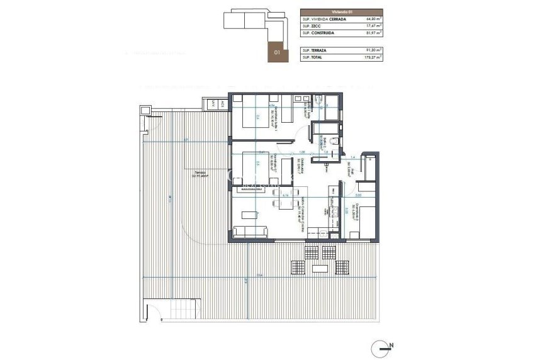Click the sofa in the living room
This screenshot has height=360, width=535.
251,232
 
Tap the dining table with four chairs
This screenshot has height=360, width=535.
284,203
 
